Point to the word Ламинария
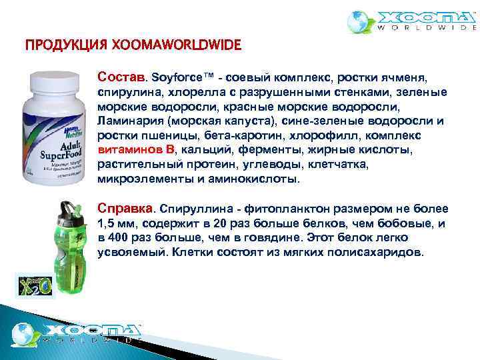pos(129,121)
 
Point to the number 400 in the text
pos(119,238)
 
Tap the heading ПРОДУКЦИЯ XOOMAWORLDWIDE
pos(133,47)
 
